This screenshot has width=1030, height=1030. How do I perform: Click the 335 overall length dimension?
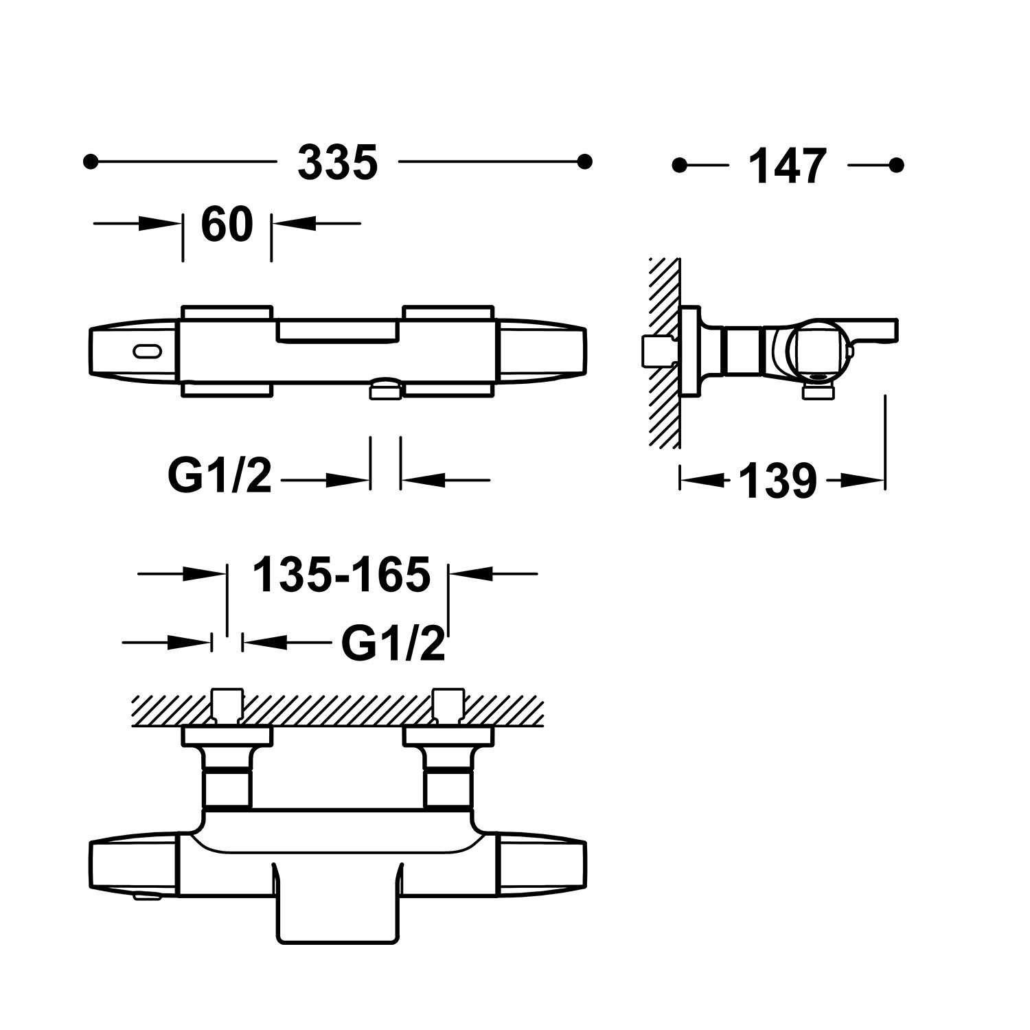coord(338,163)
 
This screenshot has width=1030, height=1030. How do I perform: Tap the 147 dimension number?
coord(787,166)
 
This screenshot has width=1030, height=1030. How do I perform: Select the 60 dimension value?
coord(227,224)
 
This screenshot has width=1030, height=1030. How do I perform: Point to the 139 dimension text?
coord(778,481)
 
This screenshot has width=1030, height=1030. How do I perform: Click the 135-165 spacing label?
coord(341,574)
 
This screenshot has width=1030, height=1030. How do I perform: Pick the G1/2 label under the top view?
coord(220,476)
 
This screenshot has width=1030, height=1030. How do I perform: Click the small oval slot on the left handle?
coord(148,352)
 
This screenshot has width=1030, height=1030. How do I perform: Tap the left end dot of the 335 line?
coord(90,161)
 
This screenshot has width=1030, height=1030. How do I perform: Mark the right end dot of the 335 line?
coord(585,161)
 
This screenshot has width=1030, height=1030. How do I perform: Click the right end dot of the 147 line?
coord(896,165)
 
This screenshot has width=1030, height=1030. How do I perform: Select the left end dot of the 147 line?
coord(680,165)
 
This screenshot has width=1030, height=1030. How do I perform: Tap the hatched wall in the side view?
coord(664,354)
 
